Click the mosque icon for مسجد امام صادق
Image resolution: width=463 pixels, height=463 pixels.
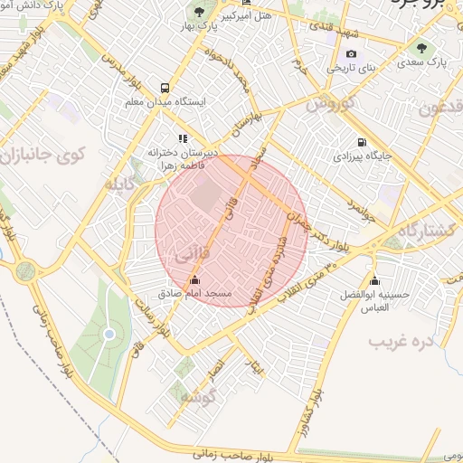tap(195, 279)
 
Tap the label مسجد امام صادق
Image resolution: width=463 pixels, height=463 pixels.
tap(196, 295)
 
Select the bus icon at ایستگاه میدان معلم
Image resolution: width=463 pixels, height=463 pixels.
tap(165, 89)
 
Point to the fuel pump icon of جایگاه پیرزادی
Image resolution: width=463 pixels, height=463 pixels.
tap(362, 142)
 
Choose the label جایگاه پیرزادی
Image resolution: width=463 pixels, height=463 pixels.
tap(363, 156)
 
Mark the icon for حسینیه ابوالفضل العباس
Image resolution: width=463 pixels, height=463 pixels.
tap(374, 280)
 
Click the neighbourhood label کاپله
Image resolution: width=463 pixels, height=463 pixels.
tap(124, 186)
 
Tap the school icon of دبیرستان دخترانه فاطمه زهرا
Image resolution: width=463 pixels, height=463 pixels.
tap(184, 138)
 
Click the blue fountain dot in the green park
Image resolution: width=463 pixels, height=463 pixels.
tap(109, 334)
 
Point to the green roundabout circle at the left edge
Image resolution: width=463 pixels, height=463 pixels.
tap(25, 269)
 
